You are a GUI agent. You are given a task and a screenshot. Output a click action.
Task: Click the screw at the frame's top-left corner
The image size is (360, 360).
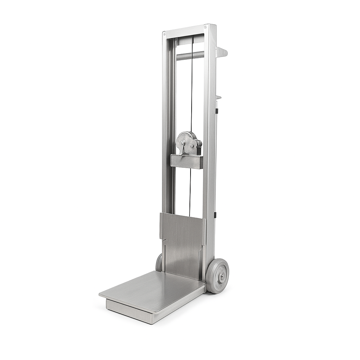coord(164,34)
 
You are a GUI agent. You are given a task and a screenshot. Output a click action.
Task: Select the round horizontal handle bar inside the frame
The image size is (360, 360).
coord(190,56)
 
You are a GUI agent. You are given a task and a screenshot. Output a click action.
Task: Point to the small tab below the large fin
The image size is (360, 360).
coord(218,97)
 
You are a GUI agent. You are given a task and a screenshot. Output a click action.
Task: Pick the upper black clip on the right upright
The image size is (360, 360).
coord(217,111)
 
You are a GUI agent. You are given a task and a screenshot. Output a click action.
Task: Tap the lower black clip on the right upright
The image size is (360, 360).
coord(215,214)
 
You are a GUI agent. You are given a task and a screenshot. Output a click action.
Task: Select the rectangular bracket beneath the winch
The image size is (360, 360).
coord(187,161)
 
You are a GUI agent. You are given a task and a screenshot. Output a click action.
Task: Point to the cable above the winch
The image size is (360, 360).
coord(192,88)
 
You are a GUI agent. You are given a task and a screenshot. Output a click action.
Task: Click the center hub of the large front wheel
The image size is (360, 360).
coord(222,276)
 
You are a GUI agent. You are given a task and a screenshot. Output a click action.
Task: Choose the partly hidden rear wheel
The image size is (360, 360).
coord(159,263)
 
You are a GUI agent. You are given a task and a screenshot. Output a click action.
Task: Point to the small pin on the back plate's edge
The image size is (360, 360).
coord(163,240)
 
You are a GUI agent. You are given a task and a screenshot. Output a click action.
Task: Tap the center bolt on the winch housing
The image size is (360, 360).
coord(192,145)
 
